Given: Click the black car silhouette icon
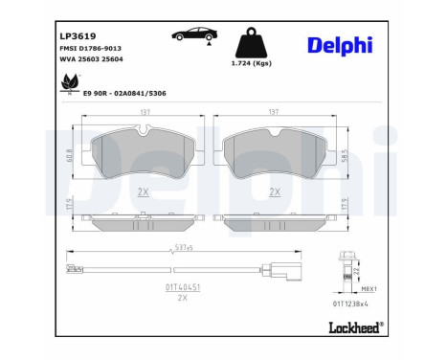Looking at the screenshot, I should (x=191, y=35).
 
